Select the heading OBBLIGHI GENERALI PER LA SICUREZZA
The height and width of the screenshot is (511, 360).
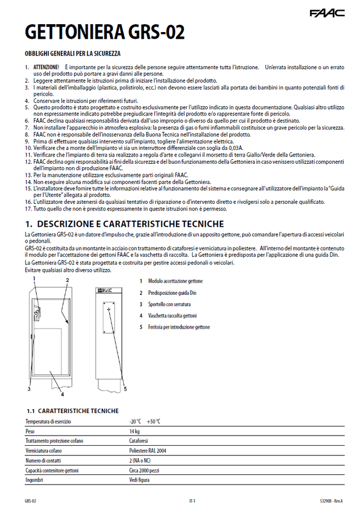point(72,53)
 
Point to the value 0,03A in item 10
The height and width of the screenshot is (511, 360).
point(233,148)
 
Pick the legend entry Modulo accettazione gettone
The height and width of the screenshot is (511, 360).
point(175,281)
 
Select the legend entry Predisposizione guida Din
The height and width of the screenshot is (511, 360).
point(172,293)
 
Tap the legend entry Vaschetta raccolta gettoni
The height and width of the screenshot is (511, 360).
point(172,316)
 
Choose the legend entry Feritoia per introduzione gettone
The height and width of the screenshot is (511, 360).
point(179,327)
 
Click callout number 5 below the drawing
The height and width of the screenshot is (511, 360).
point(125,388)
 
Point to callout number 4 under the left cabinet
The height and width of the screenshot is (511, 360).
point(54,394)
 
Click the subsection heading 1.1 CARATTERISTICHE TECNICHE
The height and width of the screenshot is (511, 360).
point(73,411)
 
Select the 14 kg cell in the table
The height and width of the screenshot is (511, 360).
point(134,431)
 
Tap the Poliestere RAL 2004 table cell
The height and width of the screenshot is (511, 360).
point(147,451)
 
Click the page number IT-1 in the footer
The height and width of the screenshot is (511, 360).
point(192,500)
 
